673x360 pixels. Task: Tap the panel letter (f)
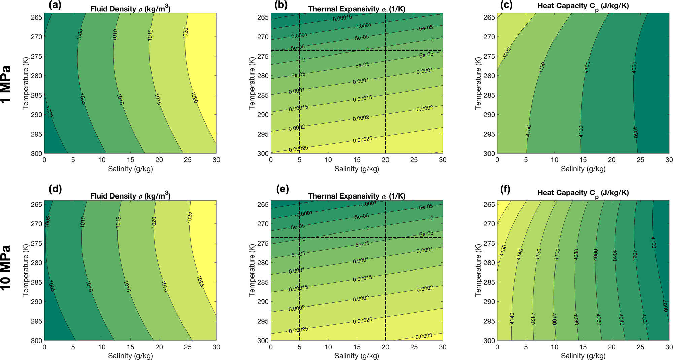pyautogui.click(x=505, y=189)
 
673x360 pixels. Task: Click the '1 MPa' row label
pyautogui.click(x=6, y=84)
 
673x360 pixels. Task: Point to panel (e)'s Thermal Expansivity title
pyautogui.click(x=357, y=196)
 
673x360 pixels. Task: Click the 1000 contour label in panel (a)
pyautogui.click(x=49, y=112)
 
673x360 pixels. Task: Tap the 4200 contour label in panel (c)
pyautogui.click(x=507, y=53)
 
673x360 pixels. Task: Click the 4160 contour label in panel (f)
pyautogui.click(x=503, y=250)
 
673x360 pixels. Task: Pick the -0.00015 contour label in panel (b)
pyautogui.click(x=341, y=18)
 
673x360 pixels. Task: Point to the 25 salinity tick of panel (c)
pyautogui.click(x=640, y=160)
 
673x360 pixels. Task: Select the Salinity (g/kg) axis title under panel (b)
pyautogui.click(x=357, y=169)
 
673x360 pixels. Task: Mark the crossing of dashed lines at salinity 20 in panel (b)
pyautogui.click(x=385, y=50)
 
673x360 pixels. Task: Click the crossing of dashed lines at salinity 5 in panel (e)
pyautogui.click(x=299, y=238)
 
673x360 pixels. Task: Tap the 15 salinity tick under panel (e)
pyautogui.click(x=357, y=347)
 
